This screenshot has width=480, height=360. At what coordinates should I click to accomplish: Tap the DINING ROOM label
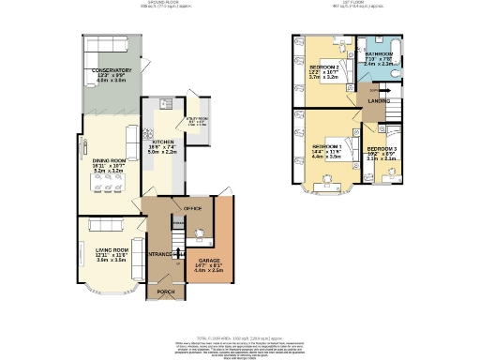(x=110, y=160)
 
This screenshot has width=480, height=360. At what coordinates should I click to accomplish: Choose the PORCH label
(x=165, y=292)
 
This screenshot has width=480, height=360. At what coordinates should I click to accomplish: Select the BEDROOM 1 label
(x=327, y=146)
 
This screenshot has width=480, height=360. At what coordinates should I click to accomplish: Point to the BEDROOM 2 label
(x=324, y=67)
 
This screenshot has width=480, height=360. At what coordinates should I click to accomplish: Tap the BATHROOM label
(x=379, y=53)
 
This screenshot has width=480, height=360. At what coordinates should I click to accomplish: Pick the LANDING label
(x=379, y=99)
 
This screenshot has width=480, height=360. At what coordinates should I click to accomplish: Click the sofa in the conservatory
(x=105, y=46)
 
